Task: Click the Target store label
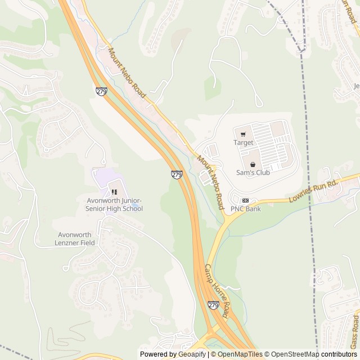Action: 243,143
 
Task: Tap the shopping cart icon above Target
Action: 243,134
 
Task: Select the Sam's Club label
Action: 252,173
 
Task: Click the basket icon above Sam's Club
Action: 252,164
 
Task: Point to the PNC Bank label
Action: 246,209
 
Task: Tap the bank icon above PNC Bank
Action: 245,200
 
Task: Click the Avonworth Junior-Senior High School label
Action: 114,204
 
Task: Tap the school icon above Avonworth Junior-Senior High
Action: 114,192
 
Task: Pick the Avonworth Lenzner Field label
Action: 76,238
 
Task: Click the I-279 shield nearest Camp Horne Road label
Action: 213,305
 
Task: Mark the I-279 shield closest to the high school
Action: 177,175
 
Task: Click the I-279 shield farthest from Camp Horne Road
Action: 101,91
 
